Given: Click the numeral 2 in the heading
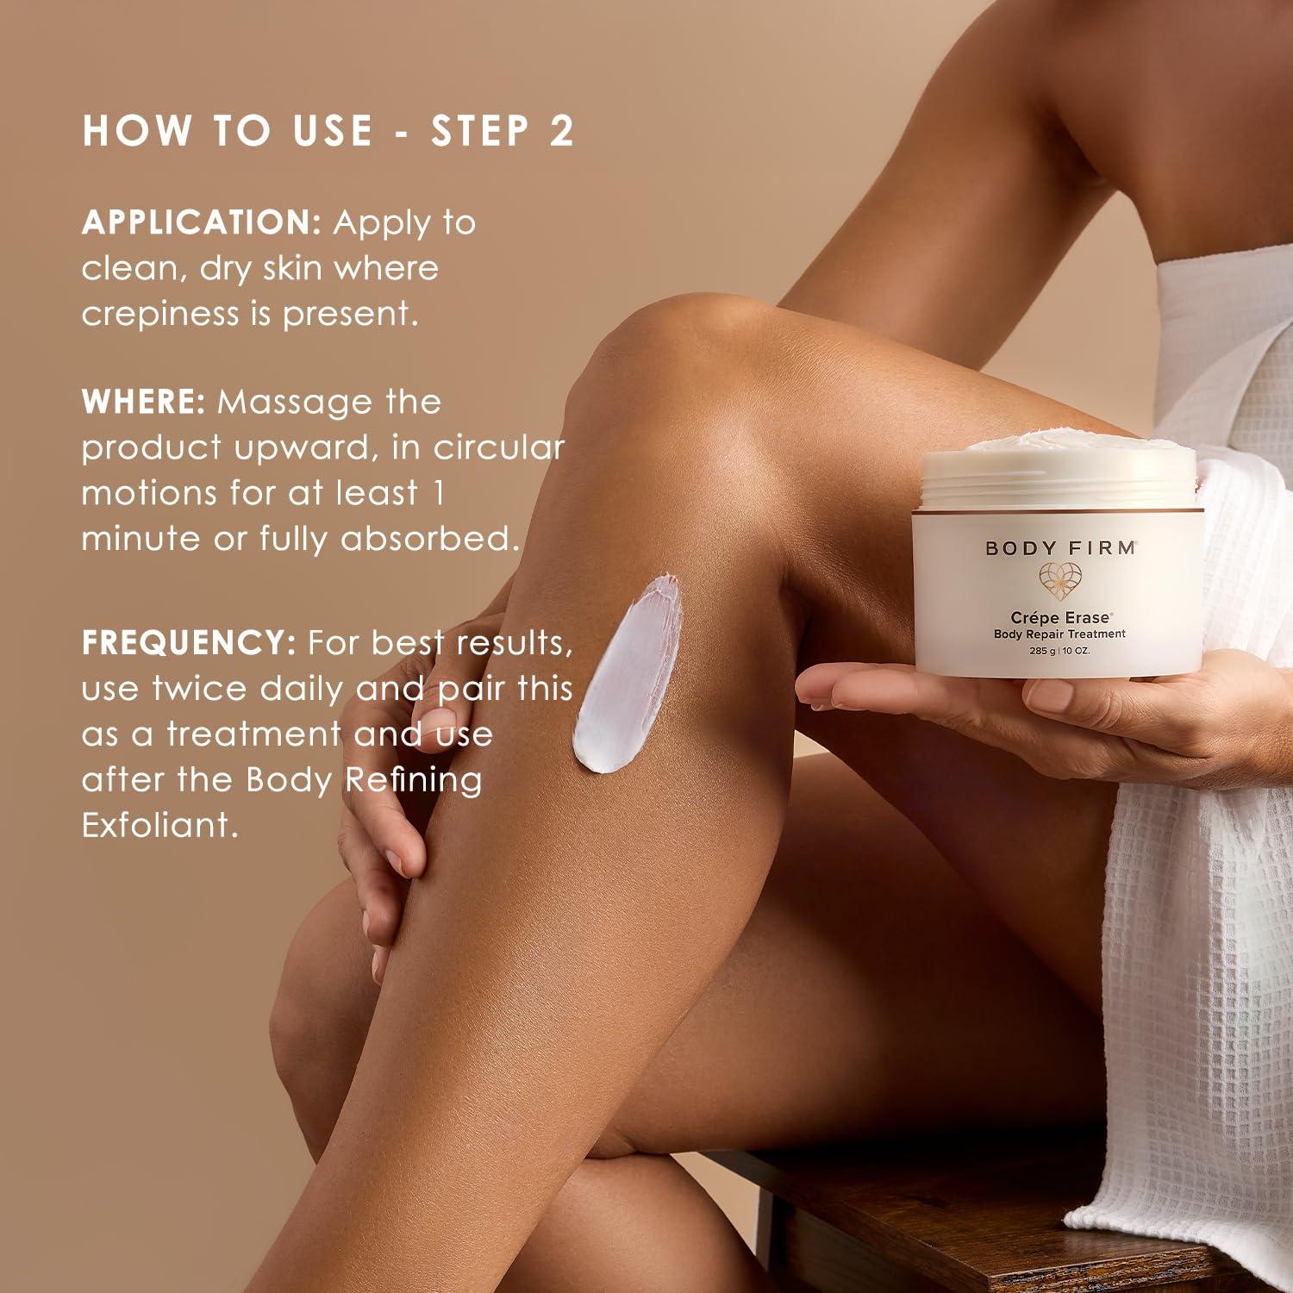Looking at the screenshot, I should pyautogui.click(x=560, y=131).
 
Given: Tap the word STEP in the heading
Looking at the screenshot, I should pyautogui.click(x=480, y=131).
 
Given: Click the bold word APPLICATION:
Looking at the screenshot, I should pyautogui.click(x=202, y=222).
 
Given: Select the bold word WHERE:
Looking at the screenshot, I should pyautogui.click(x=143, y=402).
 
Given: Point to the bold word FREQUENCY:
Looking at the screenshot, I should pyautogui.click(x=189, y=643).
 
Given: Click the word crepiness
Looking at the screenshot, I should pyautogui.click(x=160, y=314).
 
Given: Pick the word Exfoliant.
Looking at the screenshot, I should pyautogui.click(x=159, y=826).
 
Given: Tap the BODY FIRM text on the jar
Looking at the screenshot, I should pyautogui.click(x=1060, y=548).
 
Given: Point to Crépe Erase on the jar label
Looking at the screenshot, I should pyautogui.click(x=1060, y=617).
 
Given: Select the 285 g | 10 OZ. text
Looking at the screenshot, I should pyautogui.click(x=1059, y=651).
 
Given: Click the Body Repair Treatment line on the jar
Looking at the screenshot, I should pyautogui.click(x=1059, y=634).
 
